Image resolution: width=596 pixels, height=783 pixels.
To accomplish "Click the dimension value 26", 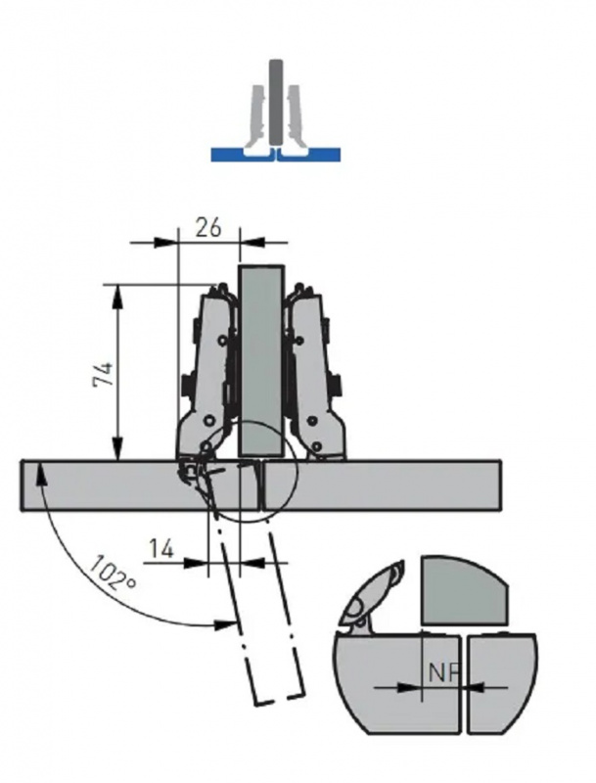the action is point(207,228).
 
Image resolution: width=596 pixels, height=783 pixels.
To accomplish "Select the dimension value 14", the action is point(160,549).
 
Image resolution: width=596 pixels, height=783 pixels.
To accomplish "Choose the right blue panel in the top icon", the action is point(309,155).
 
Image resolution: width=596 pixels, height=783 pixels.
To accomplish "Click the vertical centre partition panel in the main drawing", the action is point(261,360).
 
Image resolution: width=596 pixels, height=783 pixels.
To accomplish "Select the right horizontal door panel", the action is point(383,485).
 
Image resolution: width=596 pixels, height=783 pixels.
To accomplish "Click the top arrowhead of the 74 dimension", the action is point(117,295).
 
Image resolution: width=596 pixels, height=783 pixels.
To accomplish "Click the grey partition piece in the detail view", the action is point(464,592).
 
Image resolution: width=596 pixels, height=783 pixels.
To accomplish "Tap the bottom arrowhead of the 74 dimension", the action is point(117,449).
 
